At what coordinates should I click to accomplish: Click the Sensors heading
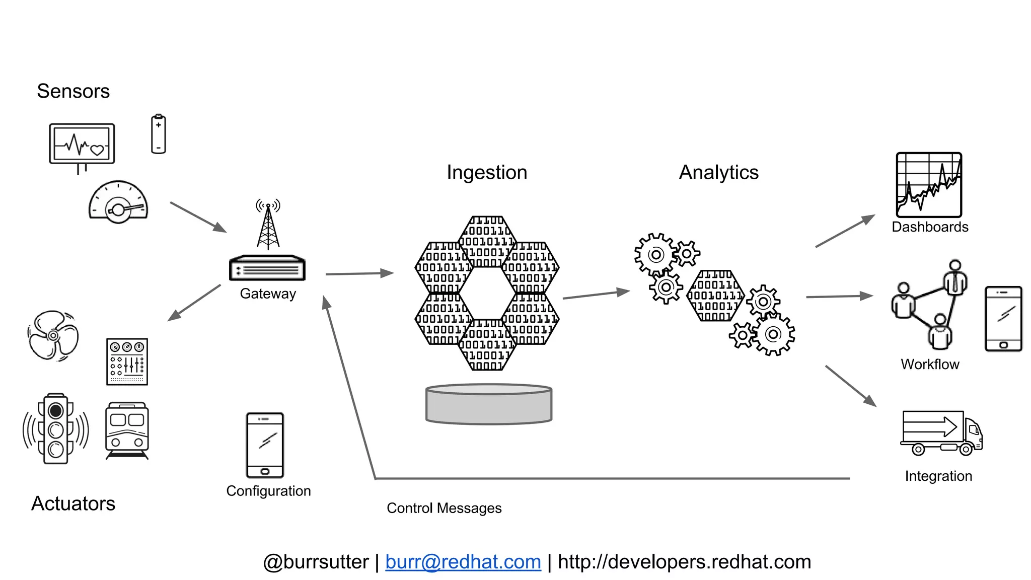point(73,91)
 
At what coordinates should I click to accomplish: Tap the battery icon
point(159,134)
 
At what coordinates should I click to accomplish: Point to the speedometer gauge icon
point(118,203)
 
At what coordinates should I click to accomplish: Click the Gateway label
point(268,294)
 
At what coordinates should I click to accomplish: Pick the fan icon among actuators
point(53,335)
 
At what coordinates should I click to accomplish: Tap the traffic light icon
point(56,429)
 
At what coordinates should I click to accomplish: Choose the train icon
point(127,429)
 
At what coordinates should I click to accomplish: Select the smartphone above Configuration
point(265,445)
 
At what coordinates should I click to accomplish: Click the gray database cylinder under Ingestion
point(489,404)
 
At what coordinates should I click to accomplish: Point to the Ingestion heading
point(487,172)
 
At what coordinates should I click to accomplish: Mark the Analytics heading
point(718,172)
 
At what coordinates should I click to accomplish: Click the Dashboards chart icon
point(929,185)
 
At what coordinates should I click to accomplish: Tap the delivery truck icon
point(941,433)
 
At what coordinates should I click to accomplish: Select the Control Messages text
point(444,508)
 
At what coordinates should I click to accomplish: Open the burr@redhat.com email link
point(463,562)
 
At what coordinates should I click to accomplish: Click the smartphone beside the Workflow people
point(1003,318)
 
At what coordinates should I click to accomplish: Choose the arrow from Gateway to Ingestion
point(359,273)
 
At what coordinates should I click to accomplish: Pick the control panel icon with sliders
point(127,361)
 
